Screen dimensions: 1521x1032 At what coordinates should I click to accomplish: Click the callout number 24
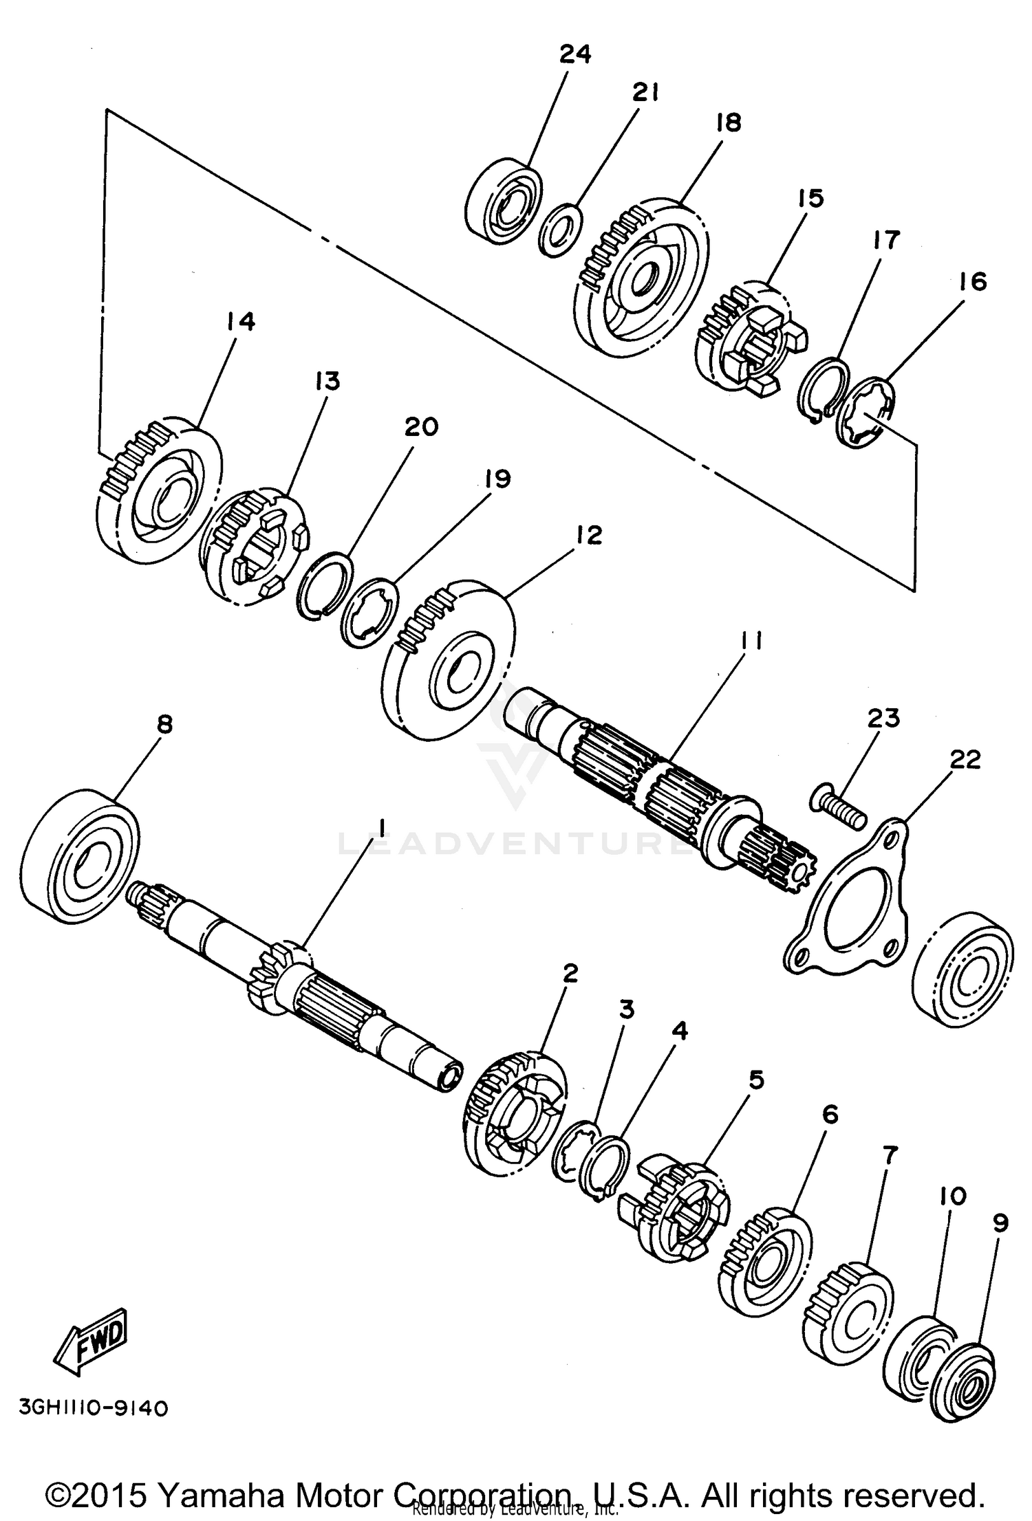[574, 54]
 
